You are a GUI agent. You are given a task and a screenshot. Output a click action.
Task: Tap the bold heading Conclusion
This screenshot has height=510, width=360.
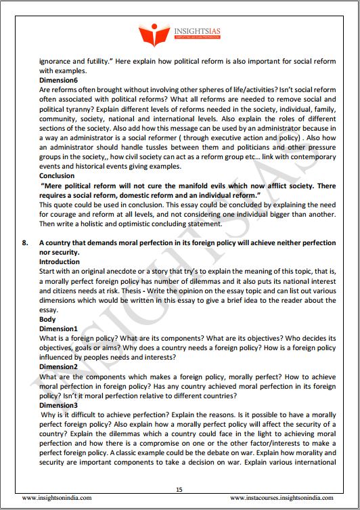(57, 175)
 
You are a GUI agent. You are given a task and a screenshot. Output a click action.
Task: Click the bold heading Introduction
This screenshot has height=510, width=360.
(59, 261)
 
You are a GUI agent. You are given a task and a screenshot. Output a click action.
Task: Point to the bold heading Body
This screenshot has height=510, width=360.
(47, 318)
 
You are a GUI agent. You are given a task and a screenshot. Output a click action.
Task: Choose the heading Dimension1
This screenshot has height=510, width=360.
(59, 328)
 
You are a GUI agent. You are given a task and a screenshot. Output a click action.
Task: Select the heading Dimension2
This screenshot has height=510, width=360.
(59, 366)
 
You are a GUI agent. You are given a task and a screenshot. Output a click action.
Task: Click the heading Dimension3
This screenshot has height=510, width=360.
(59, 404)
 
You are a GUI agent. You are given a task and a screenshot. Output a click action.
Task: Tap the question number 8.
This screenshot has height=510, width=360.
(25, 242)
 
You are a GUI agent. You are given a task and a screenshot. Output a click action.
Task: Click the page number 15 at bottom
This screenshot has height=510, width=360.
(179, 490)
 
